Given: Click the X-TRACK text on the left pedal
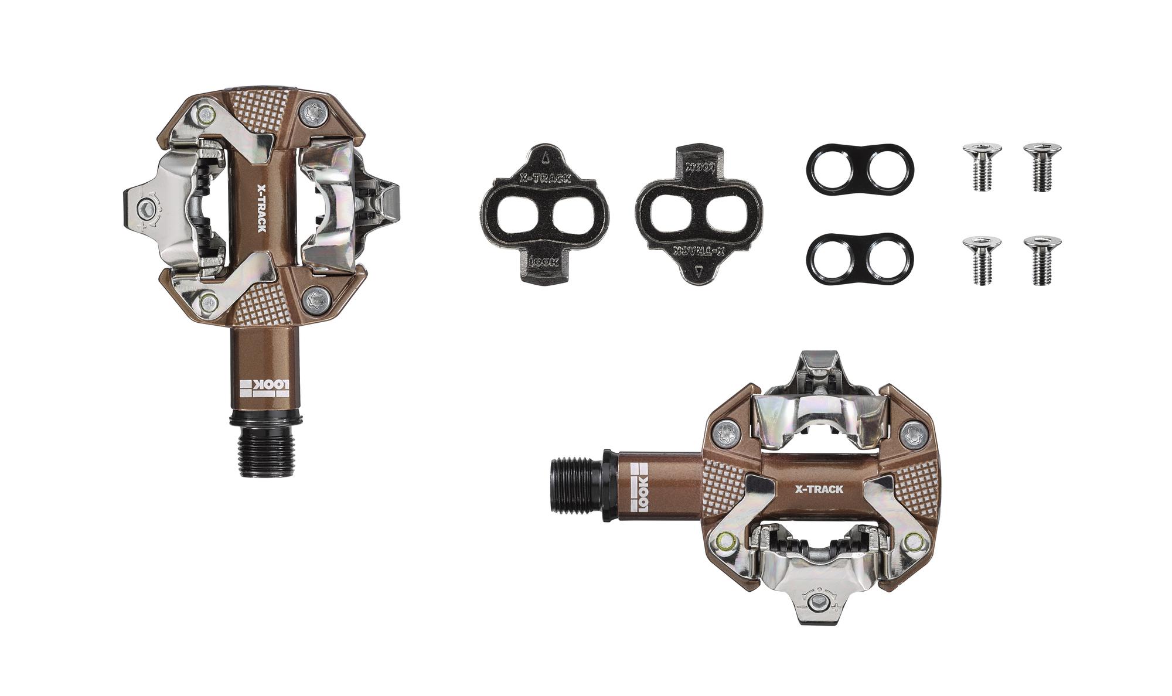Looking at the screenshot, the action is point(261,208).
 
